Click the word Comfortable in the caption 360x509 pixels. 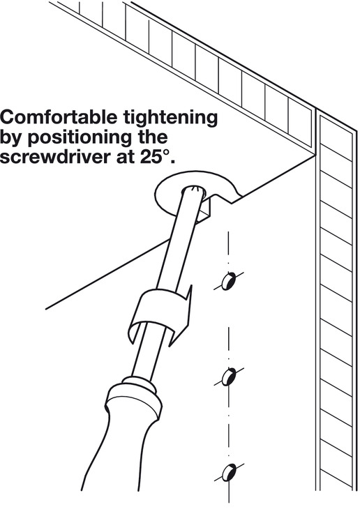[x=59, y=117]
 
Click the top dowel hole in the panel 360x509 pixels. [x=229, y=281]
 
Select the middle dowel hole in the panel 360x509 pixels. [x=229, y=377]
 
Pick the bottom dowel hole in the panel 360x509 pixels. [x=229, y=472]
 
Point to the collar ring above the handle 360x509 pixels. [x=137, y=383]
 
